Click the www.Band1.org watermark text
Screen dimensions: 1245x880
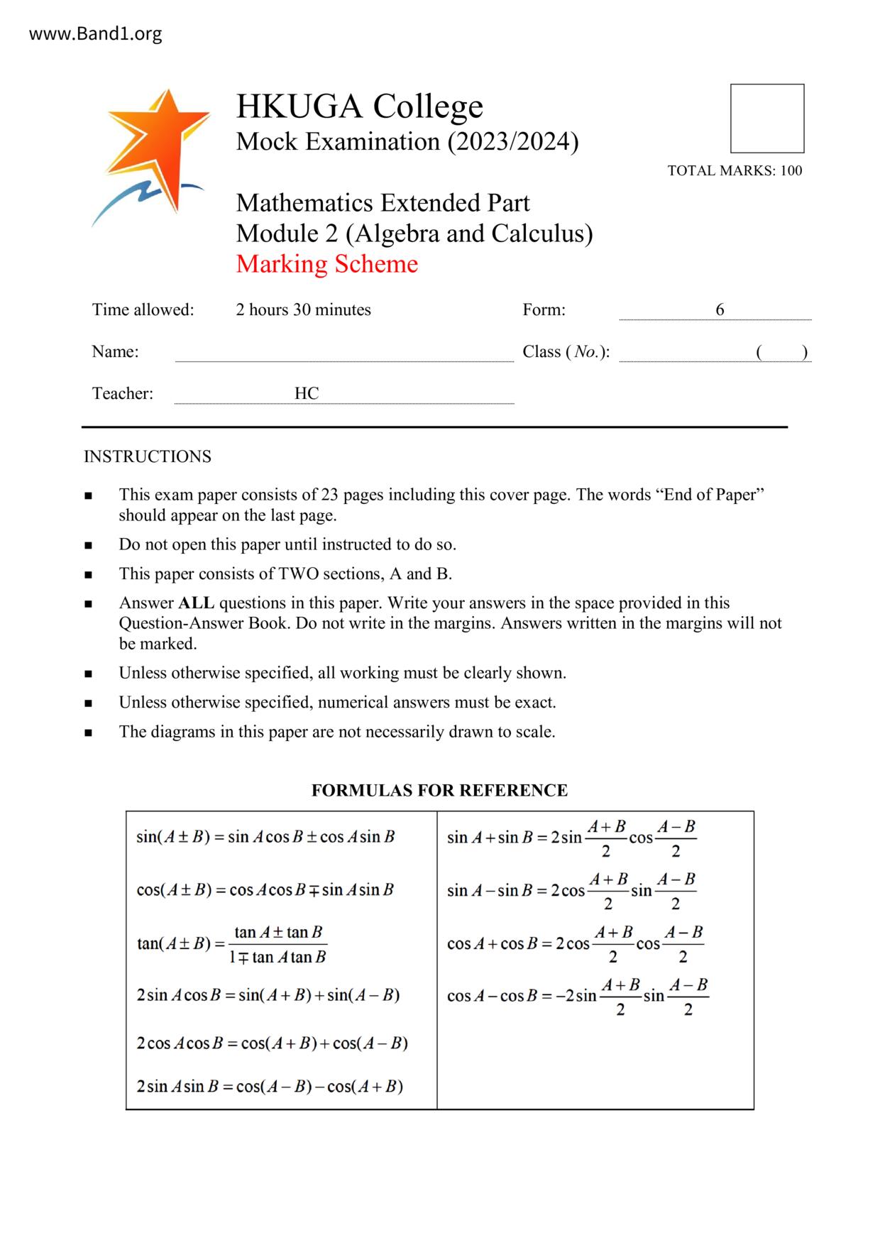point(95,34)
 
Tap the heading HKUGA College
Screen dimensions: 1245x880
point(359,106)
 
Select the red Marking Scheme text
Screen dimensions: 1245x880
point(326,264)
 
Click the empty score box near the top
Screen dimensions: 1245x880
point(766,119)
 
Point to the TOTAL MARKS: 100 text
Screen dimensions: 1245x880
point(735,170)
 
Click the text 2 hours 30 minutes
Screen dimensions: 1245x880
point(303,310)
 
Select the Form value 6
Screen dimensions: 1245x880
point(720,309)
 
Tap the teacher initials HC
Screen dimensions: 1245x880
point(307,394)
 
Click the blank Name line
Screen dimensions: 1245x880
point(344,353)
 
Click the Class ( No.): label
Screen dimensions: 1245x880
point(566,352)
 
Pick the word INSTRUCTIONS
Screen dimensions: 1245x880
point(148,456)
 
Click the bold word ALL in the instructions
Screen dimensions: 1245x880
point(196,603)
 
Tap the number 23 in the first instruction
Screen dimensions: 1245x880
point(330,495)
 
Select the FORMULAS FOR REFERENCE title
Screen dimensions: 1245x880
point(439,791)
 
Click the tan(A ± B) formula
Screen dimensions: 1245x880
point(231,944)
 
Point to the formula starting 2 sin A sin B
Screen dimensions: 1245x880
point(270,1087)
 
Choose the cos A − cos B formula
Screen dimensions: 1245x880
point(578,996)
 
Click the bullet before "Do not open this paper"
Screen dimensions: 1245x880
point(88,546)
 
